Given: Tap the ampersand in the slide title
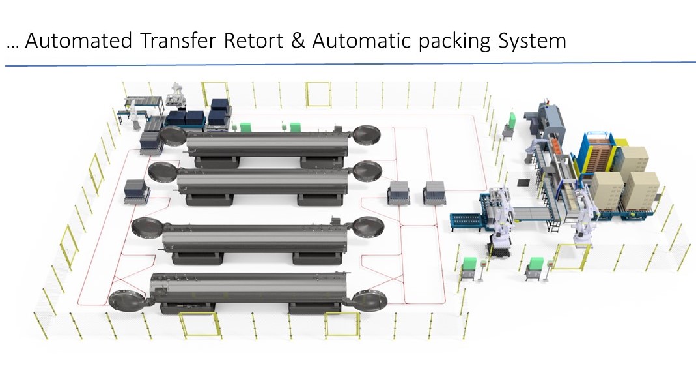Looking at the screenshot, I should click(298, 40).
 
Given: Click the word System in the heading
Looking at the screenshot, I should click(532, 41).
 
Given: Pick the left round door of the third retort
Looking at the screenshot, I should click(146, 229).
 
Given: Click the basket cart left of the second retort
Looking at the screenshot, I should click(137, 192).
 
